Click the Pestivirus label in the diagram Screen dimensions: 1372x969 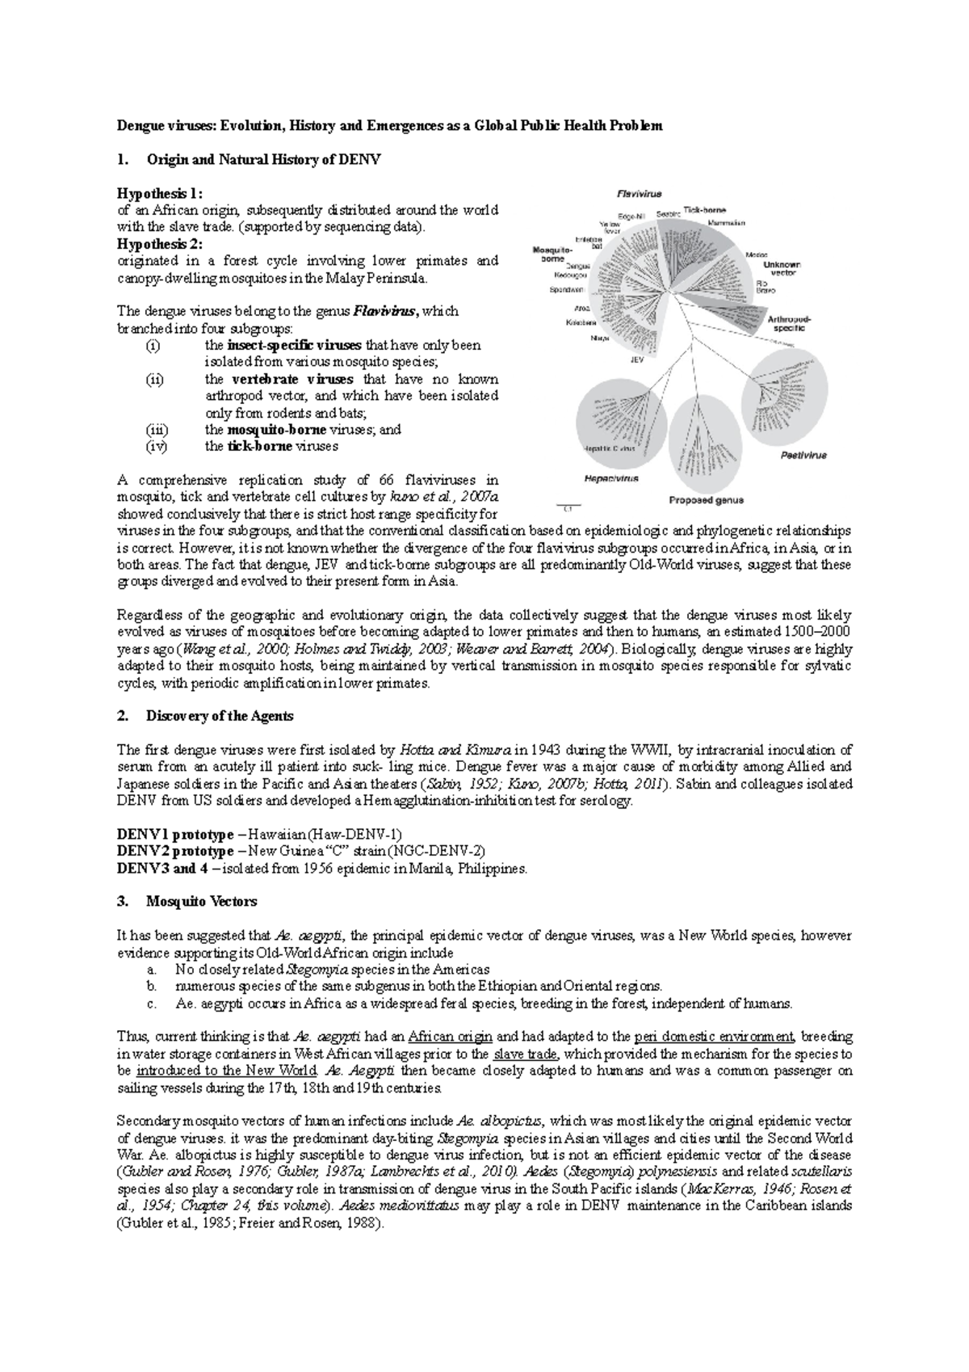(x=803, y=455)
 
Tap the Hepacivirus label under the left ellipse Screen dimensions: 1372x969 (x=612, y=478)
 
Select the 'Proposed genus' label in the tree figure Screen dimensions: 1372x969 (x=706, y=500)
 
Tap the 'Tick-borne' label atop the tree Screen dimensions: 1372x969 (x=704, y=210)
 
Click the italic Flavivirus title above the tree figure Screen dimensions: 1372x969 (x=639, y=194)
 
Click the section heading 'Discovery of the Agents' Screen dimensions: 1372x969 (x=219, y=716)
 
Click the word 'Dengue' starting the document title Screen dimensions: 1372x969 (x=139, y=126)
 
